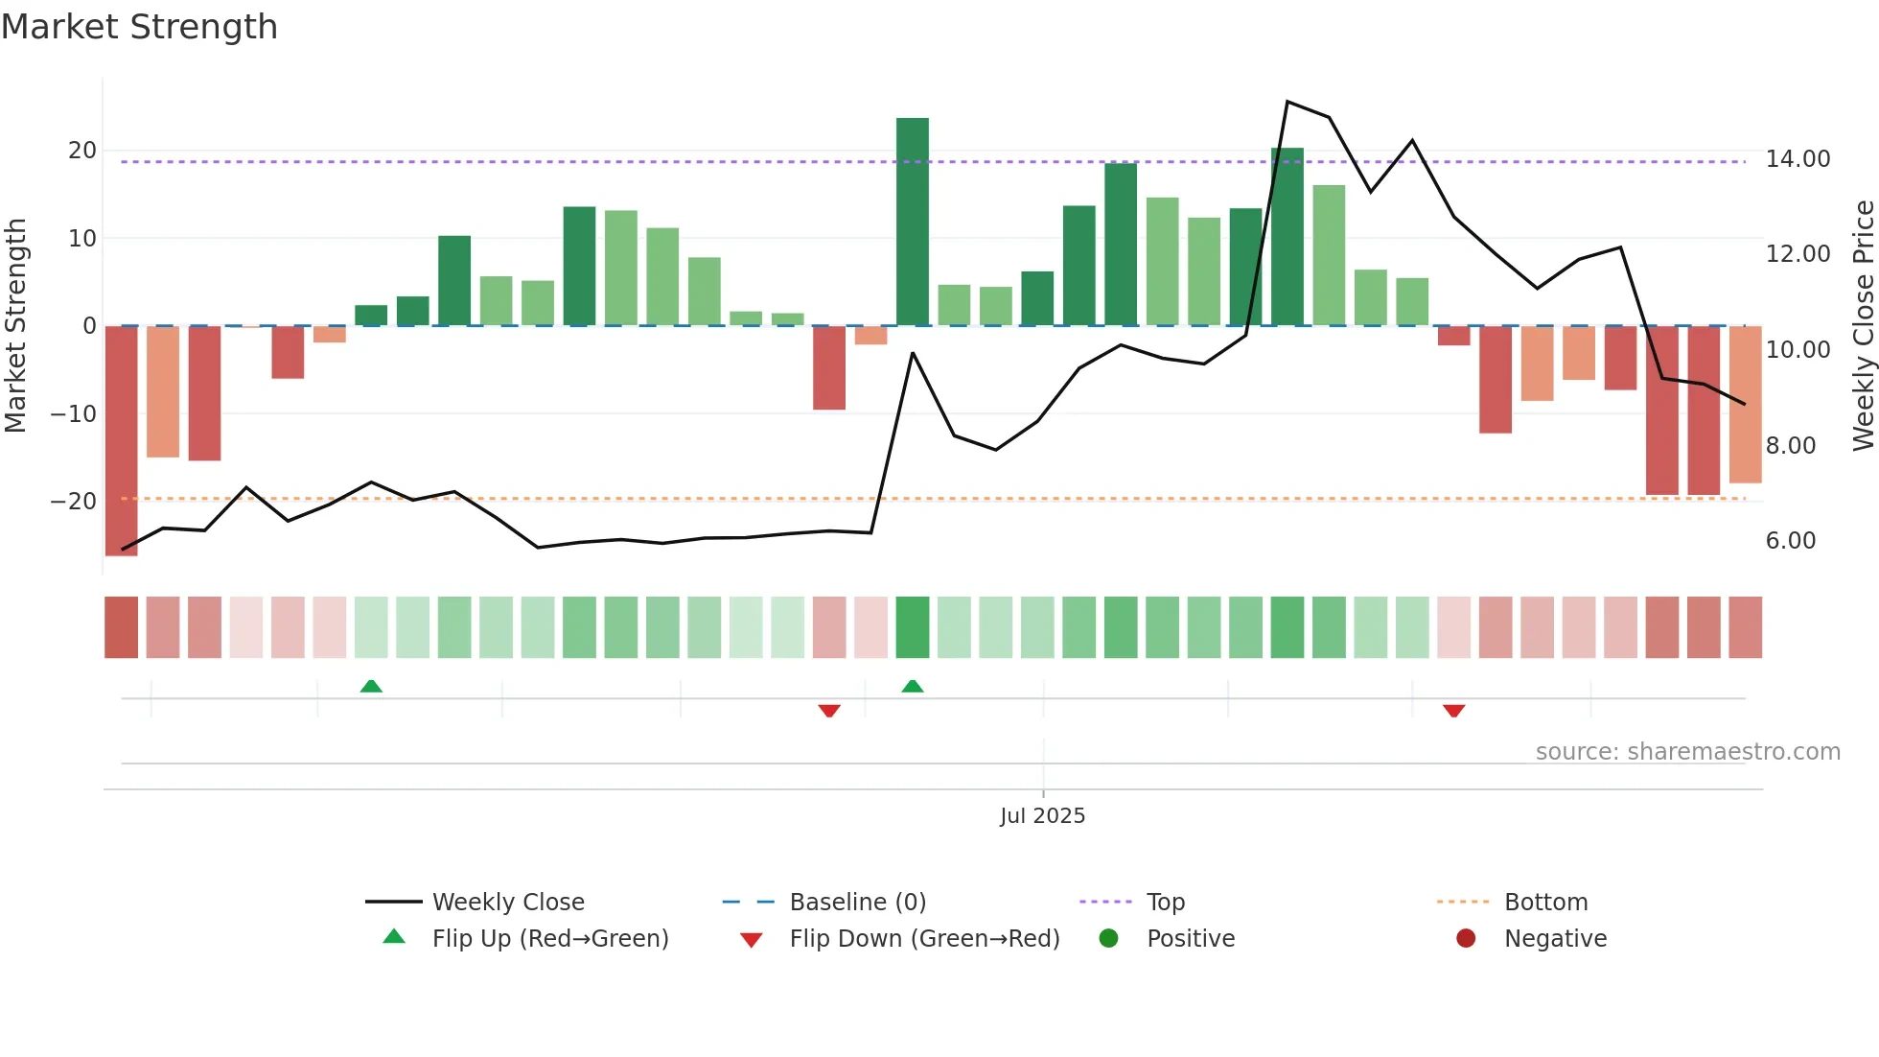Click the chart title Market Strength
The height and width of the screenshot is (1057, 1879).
[x=139, y=27]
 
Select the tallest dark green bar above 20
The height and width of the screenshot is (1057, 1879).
[x=912, y=222]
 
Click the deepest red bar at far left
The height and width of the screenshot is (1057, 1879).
[x=122, y=440]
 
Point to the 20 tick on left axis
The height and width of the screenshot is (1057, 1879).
[x=82, y=151]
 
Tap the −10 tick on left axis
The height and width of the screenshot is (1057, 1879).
[x=74, y=414]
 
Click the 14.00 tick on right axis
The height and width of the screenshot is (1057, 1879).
[x=1798, y=159]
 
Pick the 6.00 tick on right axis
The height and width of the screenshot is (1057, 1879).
[x=1790, y=541]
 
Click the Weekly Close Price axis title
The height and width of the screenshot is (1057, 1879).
[x=1863, y=326]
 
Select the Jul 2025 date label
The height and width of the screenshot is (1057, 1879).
[x=1042, y=816]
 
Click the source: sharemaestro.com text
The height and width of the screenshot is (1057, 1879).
[x=1687, y=752]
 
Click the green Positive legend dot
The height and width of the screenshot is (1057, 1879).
[x=1109, y=939]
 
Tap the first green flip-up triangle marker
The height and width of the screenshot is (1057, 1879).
[x=371, y=686]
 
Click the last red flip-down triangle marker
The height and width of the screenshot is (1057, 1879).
[x=1453, y=711]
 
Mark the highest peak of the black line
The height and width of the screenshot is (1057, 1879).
[x=1287, y=102]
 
